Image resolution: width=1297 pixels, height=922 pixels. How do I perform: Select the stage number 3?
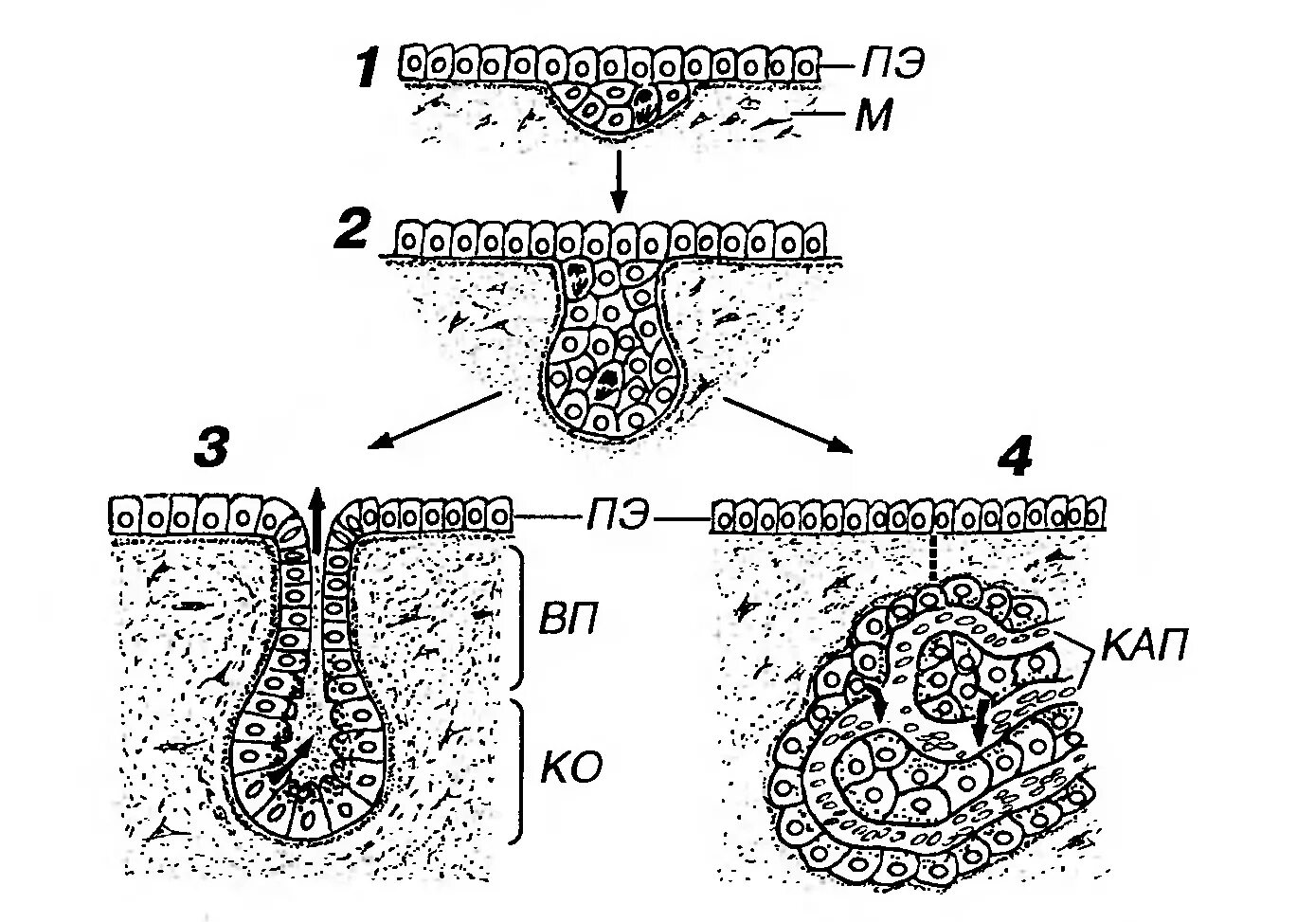pos(209,447)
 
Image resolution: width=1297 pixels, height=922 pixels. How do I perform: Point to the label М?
pos(873,118)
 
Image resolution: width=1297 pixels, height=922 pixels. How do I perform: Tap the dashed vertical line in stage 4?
pos(933,557)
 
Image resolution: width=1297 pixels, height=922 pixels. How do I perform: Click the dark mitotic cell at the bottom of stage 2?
pos(606,382)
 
